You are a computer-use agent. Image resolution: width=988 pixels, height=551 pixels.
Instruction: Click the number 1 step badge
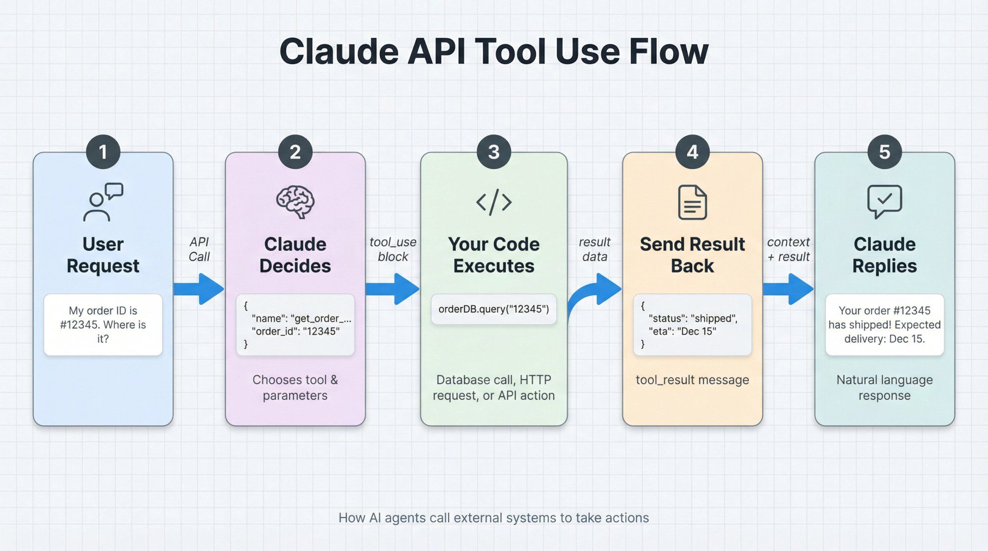click(x=103, y=152)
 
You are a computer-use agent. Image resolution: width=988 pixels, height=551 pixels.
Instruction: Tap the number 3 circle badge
click(x=494, y=152)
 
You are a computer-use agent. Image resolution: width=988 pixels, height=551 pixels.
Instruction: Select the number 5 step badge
click(x=884, y=152)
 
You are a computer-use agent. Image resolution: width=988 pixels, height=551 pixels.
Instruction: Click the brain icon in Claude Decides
click(x=295, y=201)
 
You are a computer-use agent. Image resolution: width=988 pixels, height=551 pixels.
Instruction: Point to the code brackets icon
click(x=494, y=202)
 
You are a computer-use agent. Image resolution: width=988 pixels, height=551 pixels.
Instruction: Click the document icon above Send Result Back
click(x=692, y=202)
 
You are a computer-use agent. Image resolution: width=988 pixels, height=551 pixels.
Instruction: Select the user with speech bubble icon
click(x=103, y=202)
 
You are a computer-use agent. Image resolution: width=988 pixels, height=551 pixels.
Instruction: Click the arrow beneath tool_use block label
click(x=393, y=289)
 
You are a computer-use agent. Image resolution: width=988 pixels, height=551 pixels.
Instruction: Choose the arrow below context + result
click(x=788, y=289)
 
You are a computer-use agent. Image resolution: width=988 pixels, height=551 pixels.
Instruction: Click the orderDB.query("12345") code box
click(x=494, y=309)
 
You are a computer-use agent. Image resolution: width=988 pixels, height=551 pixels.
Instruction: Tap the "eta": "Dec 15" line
click(x=682, y=331)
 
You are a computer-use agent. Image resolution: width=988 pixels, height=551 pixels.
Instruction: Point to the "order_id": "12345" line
click(x=295, y=331)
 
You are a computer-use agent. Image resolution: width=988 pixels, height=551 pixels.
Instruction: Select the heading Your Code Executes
click(x=494, y=255)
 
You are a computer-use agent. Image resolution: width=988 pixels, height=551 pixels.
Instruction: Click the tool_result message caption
click(x=692, y=380)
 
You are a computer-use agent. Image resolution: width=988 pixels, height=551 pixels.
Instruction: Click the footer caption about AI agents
click(x=494, y=517)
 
